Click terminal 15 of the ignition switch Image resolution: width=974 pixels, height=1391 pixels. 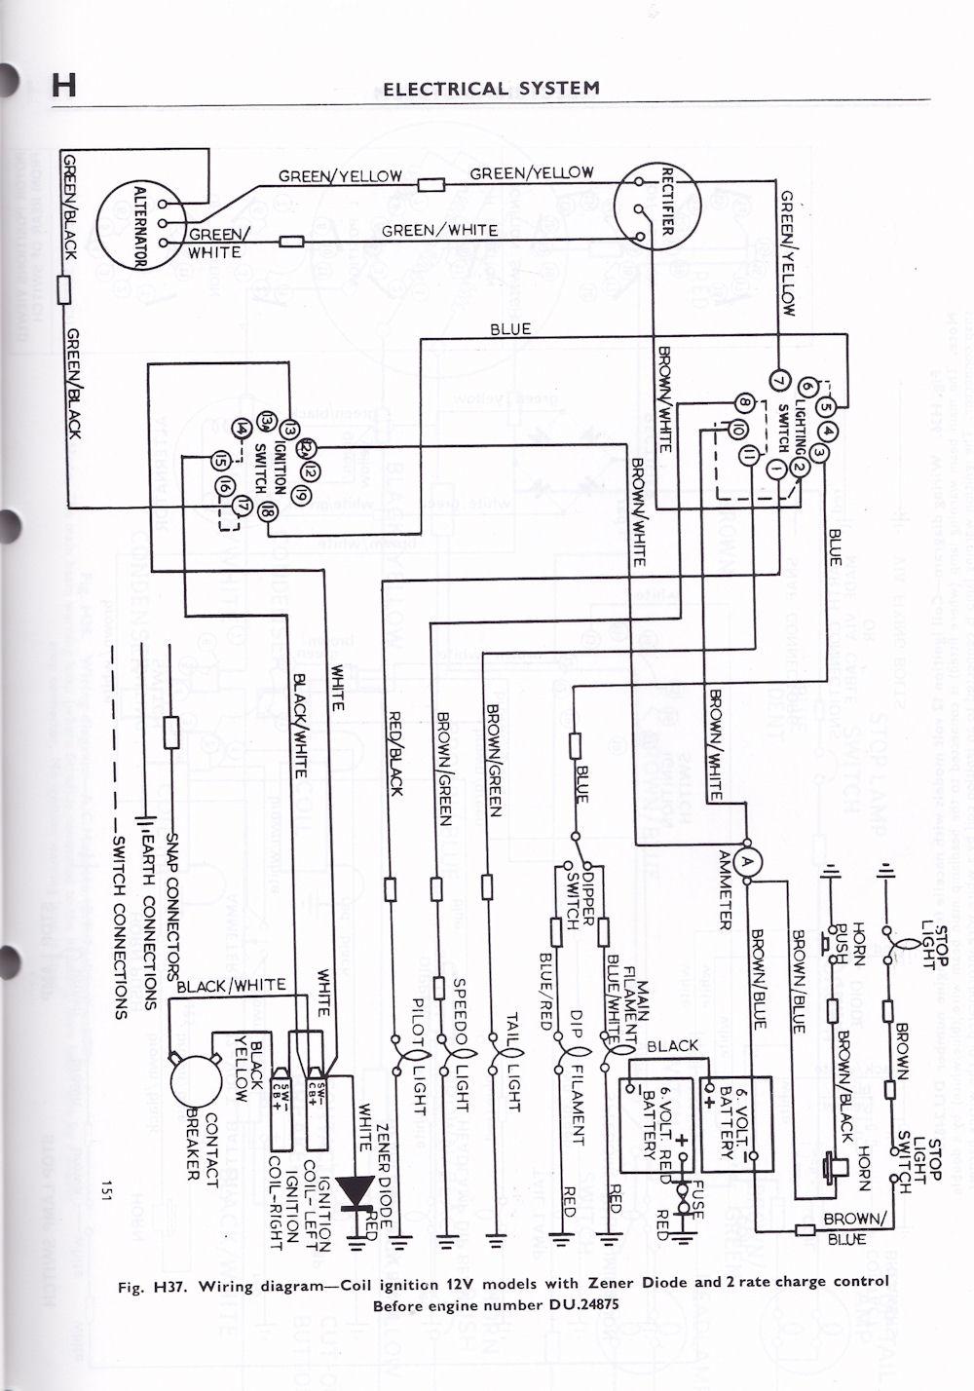click(221, 463)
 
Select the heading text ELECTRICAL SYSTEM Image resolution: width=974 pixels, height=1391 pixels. click(491, 89)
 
